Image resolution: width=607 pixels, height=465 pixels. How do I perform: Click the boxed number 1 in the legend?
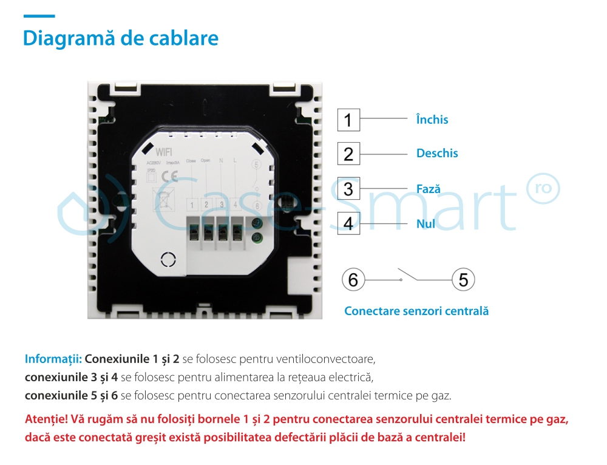348,120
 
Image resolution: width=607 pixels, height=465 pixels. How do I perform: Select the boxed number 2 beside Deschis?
348,154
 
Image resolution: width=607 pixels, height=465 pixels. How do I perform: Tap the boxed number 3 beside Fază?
348,189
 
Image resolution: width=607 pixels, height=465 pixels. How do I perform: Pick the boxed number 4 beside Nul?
348,223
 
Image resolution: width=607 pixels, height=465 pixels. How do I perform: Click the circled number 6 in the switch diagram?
353,280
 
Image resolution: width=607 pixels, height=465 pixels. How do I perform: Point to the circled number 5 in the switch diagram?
463,280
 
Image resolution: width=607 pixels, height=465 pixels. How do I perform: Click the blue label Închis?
432,120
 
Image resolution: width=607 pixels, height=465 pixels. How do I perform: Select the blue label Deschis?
437,154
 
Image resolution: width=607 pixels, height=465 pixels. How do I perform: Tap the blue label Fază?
429,189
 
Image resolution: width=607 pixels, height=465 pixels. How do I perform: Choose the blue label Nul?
426,224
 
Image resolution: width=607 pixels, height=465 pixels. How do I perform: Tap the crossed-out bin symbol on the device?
163,200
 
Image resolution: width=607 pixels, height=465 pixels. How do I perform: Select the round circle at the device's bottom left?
167,260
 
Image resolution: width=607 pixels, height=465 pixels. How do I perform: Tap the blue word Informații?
53,359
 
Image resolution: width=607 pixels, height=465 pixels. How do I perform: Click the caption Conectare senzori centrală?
416,311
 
